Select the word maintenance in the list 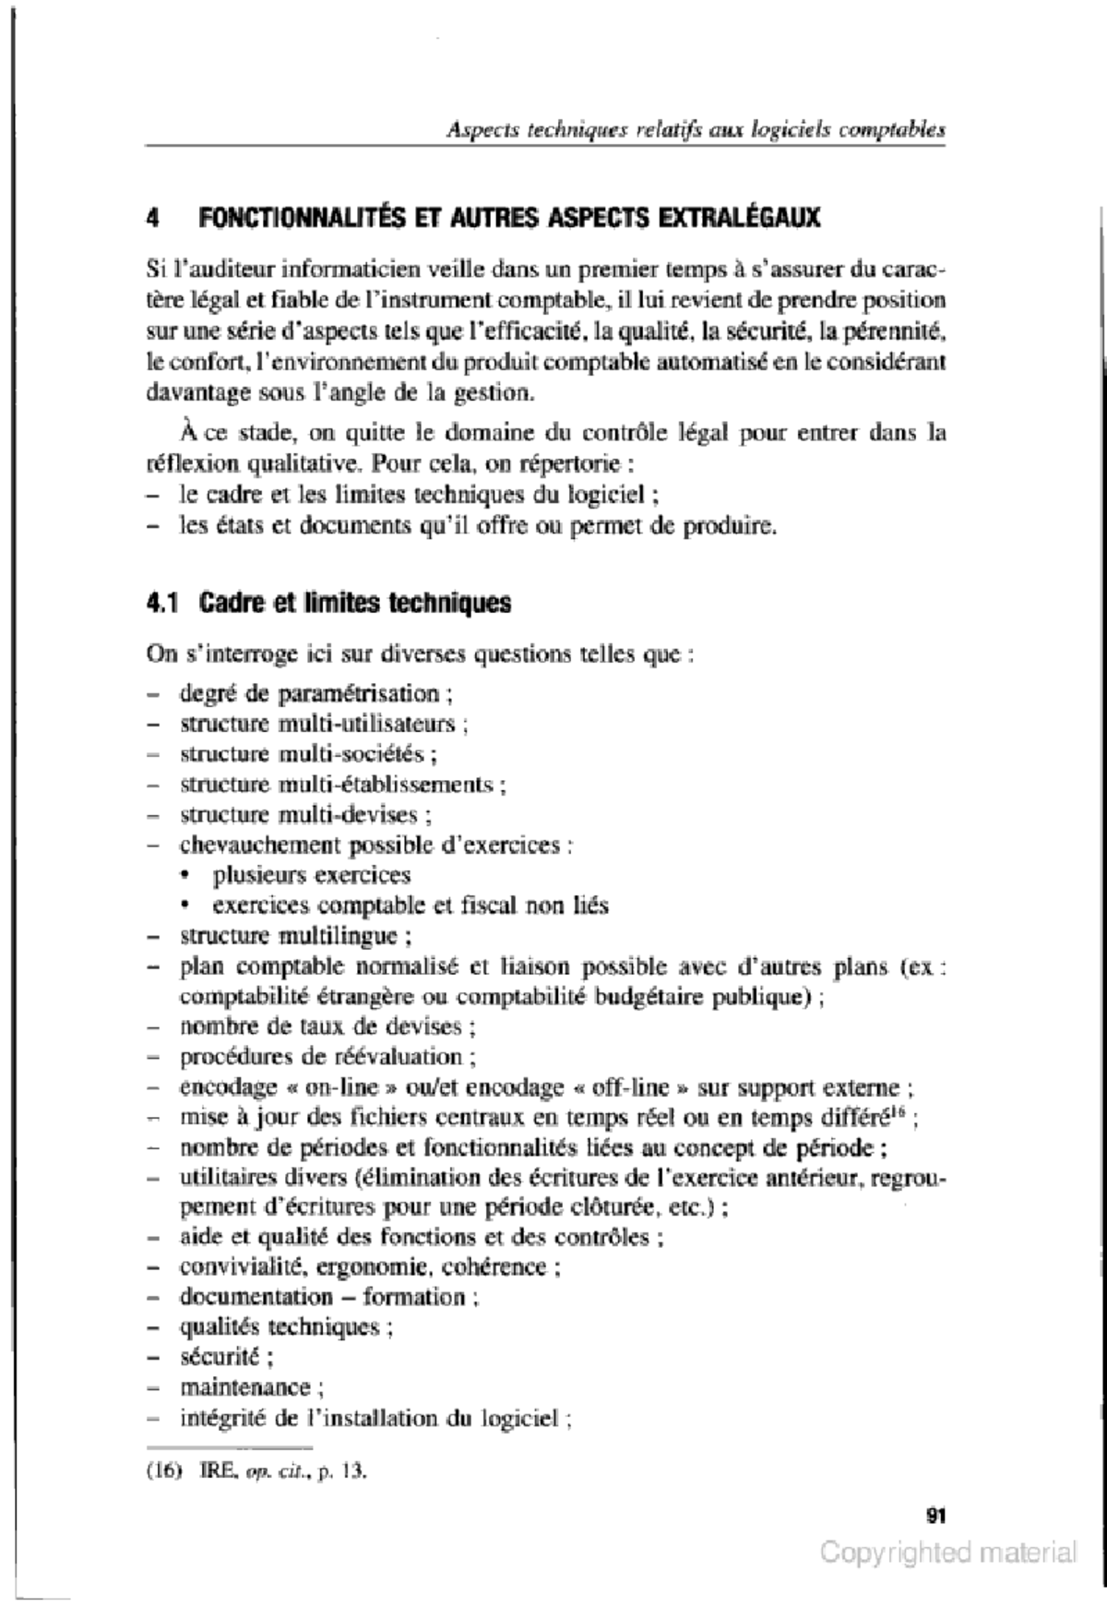point(244,1386)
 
